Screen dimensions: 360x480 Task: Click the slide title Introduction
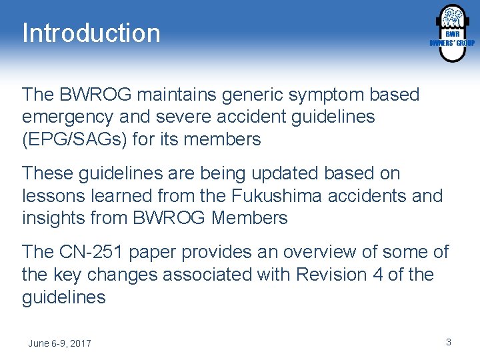91,33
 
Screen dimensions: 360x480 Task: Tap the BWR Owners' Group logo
451,33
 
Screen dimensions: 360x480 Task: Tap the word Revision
329,275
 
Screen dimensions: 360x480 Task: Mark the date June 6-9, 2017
60,343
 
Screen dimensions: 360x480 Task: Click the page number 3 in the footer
449,342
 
